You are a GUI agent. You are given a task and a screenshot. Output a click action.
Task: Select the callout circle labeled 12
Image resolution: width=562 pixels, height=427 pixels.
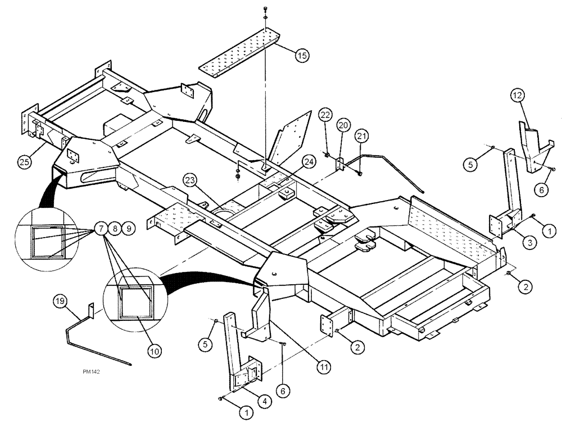[x=518, y=96]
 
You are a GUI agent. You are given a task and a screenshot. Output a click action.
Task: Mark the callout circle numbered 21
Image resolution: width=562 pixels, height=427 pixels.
[x=360, y=135]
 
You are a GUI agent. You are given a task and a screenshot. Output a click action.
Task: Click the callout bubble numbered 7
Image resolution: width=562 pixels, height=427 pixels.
[x=102, y=229]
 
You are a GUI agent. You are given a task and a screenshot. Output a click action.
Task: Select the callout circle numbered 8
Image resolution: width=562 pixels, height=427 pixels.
[x=115, y=229]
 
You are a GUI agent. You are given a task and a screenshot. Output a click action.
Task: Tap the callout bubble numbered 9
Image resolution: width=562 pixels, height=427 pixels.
[x=129, y=229]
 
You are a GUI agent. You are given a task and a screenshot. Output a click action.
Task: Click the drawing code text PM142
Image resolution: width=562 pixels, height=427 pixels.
[x=93, y=371]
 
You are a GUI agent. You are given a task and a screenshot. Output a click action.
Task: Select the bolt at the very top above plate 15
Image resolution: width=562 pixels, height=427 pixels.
[x=265, y=10]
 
